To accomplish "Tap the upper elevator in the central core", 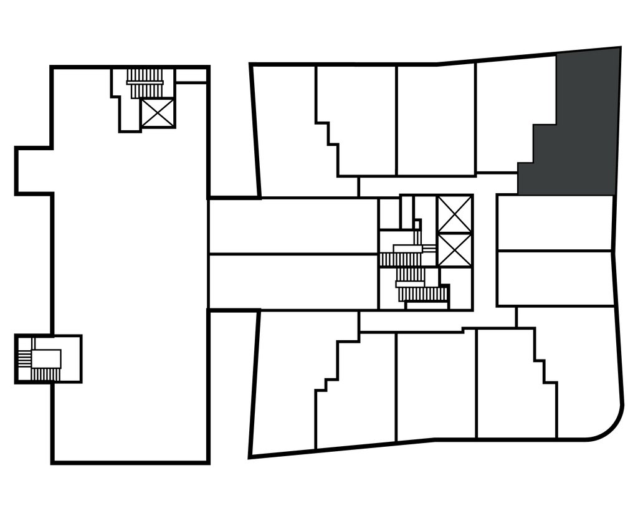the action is [454, 214].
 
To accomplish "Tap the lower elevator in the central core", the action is [454, 251].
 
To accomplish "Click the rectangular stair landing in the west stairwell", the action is [46, 358].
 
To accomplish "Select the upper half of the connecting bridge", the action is [293, 226].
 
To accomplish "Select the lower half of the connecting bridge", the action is [293, 281].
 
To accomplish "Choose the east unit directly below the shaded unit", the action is [555, 222].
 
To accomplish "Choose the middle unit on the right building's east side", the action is [555, 278].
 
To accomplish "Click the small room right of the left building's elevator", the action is [191, 76].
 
